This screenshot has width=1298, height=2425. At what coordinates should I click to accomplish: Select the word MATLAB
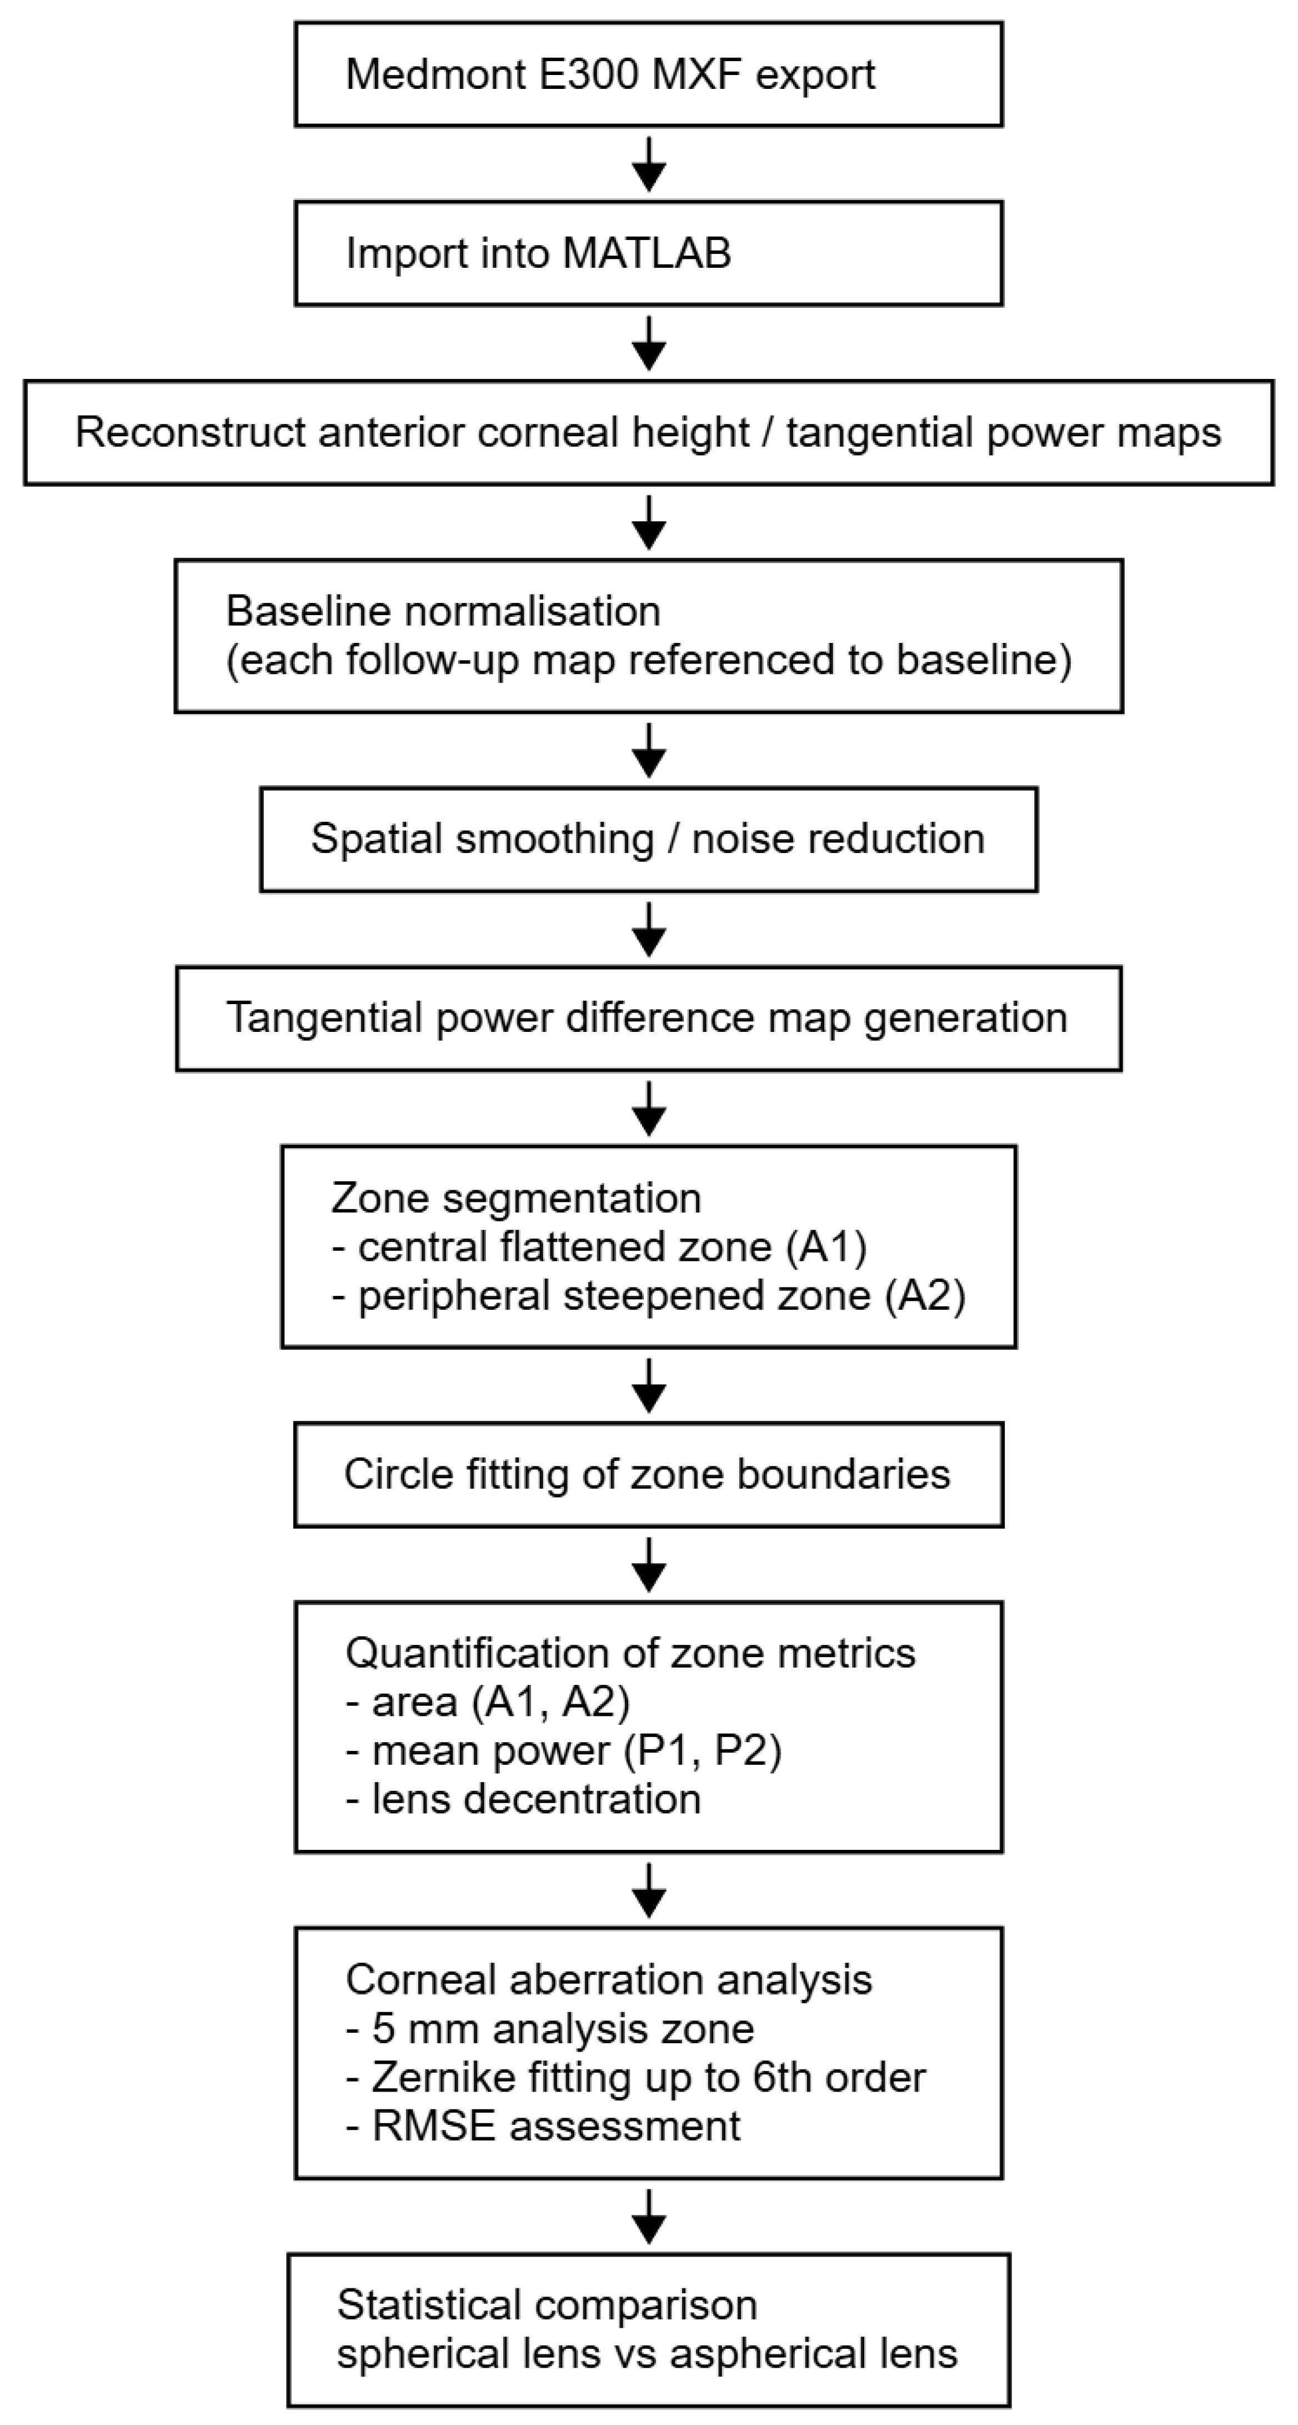coord(647,253)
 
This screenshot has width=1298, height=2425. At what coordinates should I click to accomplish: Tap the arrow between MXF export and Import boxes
coord(649,164)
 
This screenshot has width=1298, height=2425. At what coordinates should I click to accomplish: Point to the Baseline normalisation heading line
coord(443,612)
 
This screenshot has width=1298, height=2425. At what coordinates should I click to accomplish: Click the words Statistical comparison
coord(547,2306)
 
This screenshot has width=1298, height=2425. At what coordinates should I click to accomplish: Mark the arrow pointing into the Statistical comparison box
coord(649,2216)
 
